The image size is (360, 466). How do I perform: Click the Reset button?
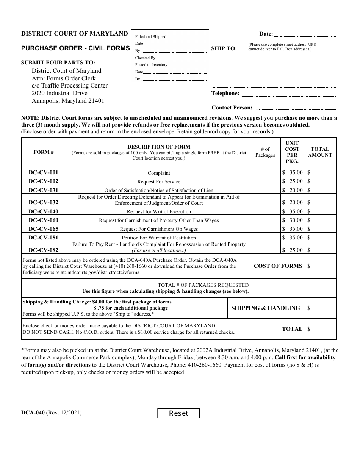point(178,413)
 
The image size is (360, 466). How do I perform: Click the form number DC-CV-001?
point(44,172)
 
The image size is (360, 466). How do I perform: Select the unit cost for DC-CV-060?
point(292,220)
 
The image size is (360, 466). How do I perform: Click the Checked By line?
point(182,59)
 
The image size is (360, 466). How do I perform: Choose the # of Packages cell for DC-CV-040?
point(265,211)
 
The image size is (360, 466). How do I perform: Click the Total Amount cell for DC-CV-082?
point(321,250)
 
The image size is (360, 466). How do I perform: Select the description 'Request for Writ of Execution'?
point(159,212)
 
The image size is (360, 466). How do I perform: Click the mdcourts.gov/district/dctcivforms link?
point(103,272)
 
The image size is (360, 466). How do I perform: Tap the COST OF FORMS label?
point(278,266)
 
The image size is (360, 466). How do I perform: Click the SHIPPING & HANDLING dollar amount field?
point(321,308)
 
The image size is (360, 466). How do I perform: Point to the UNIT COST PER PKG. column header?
point(292,152)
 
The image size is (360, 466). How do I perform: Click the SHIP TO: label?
point(224,48)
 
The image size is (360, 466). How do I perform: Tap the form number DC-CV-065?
point(44,229)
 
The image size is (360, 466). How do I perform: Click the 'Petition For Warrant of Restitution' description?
point(159,238)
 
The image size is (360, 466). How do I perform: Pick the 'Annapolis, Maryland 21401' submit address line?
point(68,101)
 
